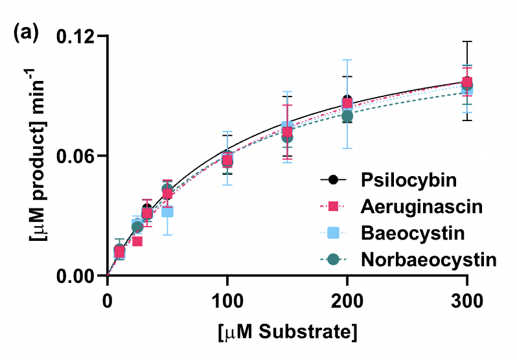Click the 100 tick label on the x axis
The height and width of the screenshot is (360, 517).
point(227,300)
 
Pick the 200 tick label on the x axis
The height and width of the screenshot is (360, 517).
point(347,300)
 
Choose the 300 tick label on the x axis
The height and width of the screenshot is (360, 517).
point(466,300)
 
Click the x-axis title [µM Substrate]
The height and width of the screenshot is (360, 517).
point(286,333)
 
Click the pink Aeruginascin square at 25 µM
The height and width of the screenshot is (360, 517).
point(137,242)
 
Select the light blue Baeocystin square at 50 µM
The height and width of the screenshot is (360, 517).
point(167,212)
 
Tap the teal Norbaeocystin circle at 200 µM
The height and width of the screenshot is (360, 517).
point(347,117)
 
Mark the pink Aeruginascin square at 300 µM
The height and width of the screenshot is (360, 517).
point(466,82)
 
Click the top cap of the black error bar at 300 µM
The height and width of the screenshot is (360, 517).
point(466,41)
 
